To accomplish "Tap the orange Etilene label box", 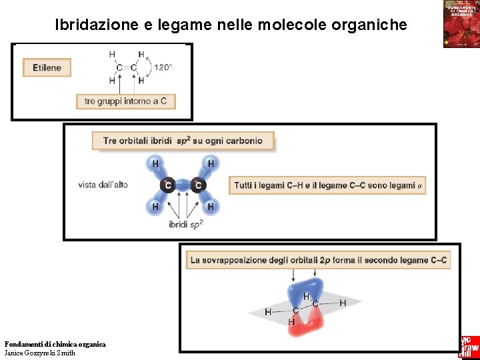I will pyautogui.click(x=47, y=67).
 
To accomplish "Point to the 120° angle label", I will pyautogui.click(x=163, y=67).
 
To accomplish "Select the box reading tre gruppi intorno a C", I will pyautogui.click(x=126, y=101).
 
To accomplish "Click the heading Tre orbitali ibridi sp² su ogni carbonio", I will pyautogui.click(x=183, y=141).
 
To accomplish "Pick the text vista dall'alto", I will pyautogui.click(x=103, y=185).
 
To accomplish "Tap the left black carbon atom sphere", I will pyautogui.click(x=168, y=185).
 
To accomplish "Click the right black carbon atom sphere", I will pyautogui.click(x=197, y=185).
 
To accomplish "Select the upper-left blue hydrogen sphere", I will pyautogui.click(x=155, y=163).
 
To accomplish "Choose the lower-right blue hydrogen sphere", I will pyautogui.click(x=211, y=207).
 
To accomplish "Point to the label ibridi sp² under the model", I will pyautogui.click(x=186, y=225).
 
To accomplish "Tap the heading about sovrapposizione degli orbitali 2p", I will pyautogui.click(x=318, y=260).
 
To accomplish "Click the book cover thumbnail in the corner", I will pyautogui.click(x=461, y=24).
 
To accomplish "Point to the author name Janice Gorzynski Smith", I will pyautogui.click(x=40, y=353).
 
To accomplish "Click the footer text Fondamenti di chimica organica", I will pyautogui.click(x=55, y=344).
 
